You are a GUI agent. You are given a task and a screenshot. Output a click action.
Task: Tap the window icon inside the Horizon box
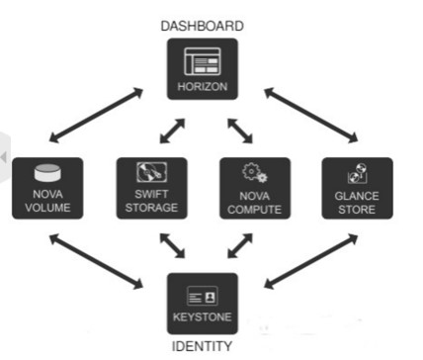[202, 61]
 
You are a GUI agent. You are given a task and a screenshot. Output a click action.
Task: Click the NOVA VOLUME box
[47, 188]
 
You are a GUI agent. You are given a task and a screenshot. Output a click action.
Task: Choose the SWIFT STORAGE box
[149, 188]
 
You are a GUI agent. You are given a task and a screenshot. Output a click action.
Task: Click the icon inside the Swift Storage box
[149, 173]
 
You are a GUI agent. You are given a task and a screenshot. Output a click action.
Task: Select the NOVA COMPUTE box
[254, 188]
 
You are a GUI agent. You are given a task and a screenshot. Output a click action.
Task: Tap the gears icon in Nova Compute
[254, 173]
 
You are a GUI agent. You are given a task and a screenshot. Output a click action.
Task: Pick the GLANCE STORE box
[357, 188]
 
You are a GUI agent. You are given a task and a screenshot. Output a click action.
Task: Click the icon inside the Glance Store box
[357, 173]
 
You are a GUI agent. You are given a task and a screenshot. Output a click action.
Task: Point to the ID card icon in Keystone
[202, 296]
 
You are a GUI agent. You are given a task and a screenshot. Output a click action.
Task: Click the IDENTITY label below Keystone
[202, 346]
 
